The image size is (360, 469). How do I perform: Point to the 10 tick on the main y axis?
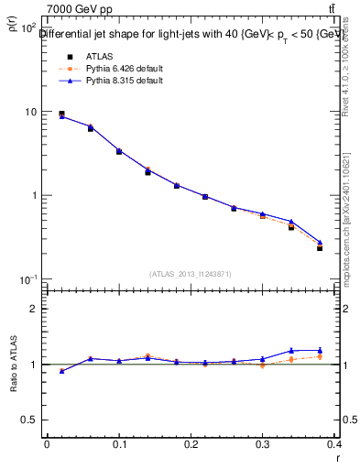pos(30,112)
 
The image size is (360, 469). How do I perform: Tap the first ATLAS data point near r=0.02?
pos(61,114)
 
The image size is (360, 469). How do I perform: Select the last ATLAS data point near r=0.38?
pos(320,248)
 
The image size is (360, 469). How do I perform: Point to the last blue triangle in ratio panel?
pos(320,350)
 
